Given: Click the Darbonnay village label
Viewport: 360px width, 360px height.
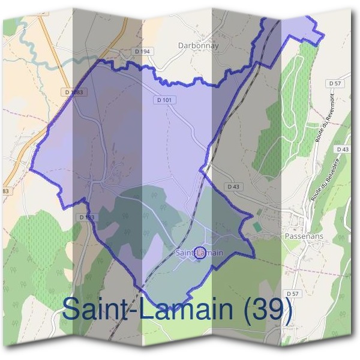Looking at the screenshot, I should (199, 46).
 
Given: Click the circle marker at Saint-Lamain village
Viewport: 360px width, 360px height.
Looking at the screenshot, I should (201, 253).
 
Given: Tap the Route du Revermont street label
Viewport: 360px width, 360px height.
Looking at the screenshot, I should (325, 117).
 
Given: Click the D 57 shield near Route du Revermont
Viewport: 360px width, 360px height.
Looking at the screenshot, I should (335, 82).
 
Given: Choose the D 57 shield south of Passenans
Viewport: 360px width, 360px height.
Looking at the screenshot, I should (292, 293).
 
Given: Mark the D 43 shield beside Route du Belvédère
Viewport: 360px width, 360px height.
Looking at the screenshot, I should (343, 149).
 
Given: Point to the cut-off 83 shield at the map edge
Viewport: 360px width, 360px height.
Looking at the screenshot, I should (5, 191).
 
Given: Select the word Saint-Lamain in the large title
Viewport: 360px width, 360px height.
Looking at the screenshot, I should (151, 310).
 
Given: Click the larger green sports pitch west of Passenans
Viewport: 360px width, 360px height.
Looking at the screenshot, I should (257, 227).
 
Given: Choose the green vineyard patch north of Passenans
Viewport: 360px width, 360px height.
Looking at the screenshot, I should (288, 120).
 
